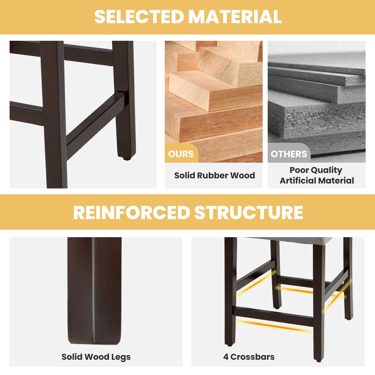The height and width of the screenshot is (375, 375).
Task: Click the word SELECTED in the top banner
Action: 139,17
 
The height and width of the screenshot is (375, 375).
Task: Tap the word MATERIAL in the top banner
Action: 235,17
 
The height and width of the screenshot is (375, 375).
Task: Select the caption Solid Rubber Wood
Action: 214,175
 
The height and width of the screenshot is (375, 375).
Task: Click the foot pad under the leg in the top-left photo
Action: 127,159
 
